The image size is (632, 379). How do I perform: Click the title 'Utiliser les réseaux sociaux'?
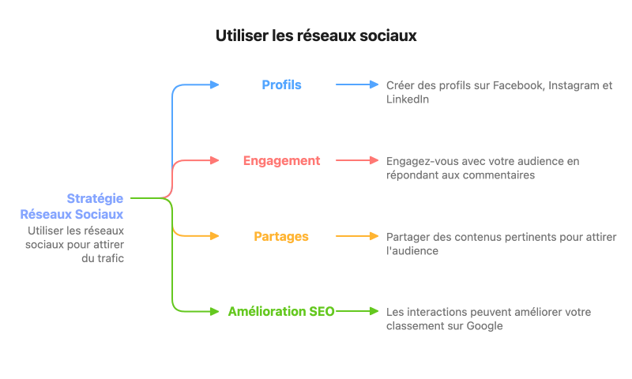pyautogui.click(x=315, y=36)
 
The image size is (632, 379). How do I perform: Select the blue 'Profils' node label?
pyautogui.click(x=281, y=84)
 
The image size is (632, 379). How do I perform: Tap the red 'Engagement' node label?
pyautogui.click(x=281, y=160)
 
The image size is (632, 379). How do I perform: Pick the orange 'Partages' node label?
pyautogui.click(x=281, y=236)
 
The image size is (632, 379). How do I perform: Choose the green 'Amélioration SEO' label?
pyautogui.click(x=281, y=312)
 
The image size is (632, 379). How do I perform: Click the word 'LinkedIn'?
pyautogui.click(x=408, y=99)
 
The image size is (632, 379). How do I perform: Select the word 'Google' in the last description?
pyautogui.click(x=484, y=326)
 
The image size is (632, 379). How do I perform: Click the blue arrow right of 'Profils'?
pyautogui.click(x=357, y=84)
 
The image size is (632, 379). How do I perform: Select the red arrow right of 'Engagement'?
pyautogui.click(x=357, y=160)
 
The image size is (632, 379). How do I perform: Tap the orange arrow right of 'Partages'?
pyautogui.click(x=357, y=236)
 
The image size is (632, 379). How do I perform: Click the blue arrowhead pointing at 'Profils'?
pyautogui.click(x=214, y=84)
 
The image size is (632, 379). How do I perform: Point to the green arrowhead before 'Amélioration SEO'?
pyautogui.click(x=214, y=312)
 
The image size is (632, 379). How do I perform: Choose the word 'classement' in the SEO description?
pyautogui.click(x=415, y=326)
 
